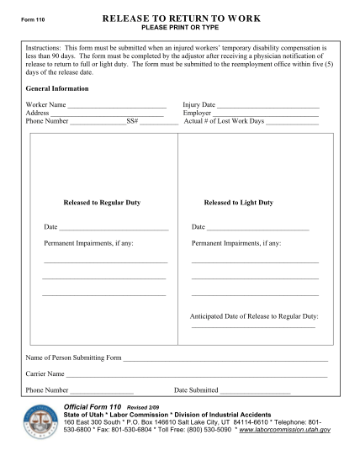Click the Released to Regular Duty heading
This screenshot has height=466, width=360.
(102, 203)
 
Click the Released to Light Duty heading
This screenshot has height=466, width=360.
(238, 203)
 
